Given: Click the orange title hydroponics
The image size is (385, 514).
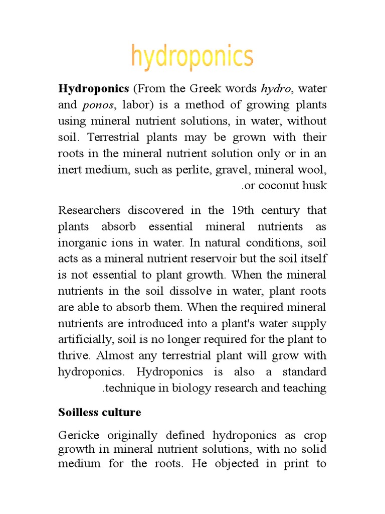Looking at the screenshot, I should click(x=192, y=57).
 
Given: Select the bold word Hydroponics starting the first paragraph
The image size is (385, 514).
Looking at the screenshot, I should click(x=94, y=89).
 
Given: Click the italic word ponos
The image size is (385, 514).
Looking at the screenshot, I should click(x=93, y=105).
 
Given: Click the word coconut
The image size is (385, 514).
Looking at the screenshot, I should click(x=281, y=186).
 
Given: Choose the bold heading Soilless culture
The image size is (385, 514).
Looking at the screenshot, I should click(x=100, y=413).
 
